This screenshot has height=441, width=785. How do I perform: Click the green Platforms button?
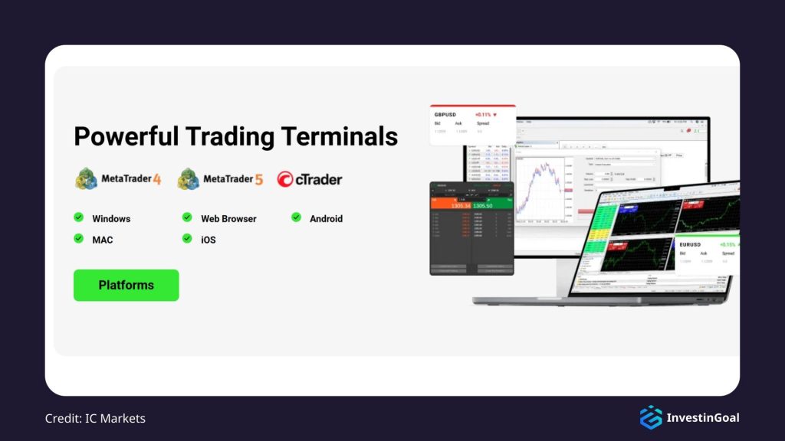tap(126, 285)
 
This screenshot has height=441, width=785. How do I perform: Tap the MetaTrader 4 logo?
tap(118, 179)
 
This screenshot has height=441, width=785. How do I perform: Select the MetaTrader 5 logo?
tap(220, 179)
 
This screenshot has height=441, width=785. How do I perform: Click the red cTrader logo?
tap(310, 180)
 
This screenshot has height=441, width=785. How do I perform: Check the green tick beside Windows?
tap(78, 217)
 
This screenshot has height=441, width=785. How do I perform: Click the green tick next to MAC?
tap(78, 239)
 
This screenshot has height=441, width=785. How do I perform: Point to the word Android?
tap(326, 218)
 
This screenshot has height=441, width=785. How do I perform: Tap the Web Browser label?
tap(228, 218)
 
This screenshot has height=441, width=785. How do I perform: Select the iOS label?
tap(209, 240)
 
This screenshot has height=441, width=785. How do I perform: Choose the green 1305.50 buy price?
tap(482, 206)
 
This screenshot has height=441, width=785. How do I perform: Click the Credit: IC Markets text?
tap(95, 418)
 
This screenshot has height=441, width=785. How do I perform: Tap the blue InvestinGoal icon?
tap(651, 417)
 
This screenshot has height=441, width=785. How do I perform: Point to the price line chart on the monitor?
tap(540, 187)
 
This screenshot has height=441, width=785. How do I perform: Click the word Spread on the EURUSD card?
tap(728, 253)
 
